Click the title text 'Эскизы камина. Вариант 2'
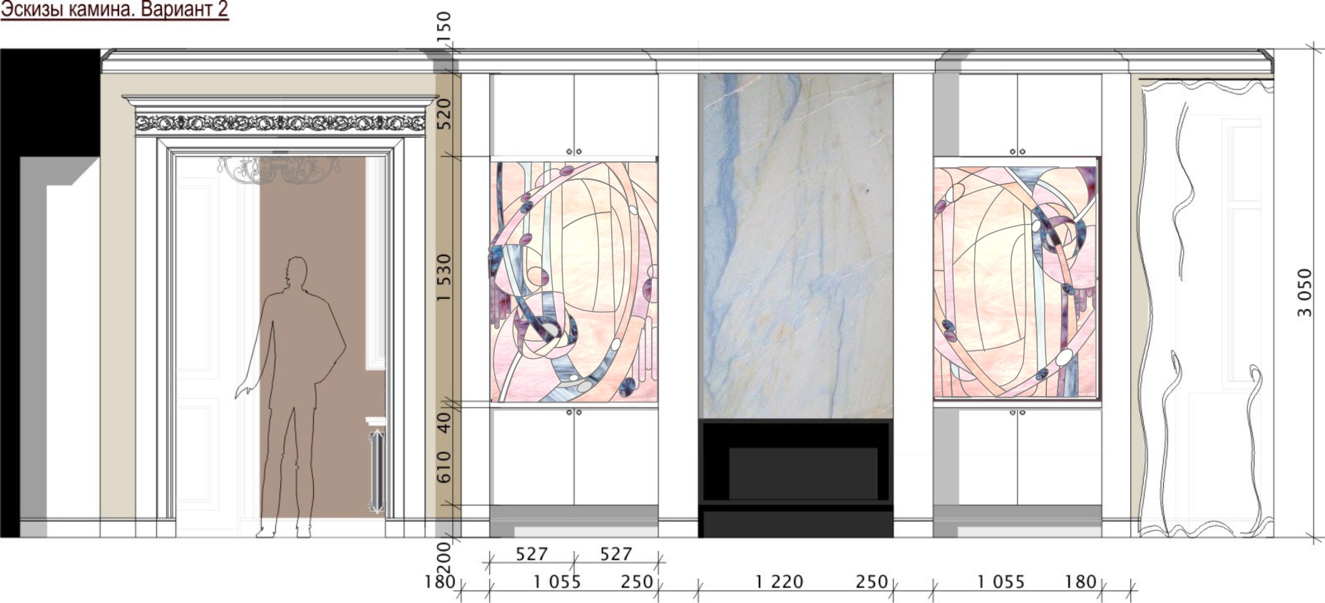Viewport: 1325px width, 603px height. pyautogui.click(x=114, y=10)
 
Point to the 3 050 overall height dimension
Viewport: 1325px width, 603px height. pyautogui.click(x=1304, y=292)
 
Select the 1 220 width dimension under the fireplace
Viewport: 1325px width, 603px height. pyautogui.click(x=779, y=582)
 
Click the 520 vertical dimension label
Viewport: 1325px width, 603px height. pyautogui.click(x=444, y=113)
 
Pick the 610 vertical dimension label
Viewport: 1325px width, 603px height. pyautogui.click(x=444, y=467)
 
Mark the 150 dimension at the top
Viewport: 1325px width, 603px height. pyautogui.click(x=444, y=27)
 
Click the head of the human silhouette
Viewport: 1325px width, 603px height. pyautogui.click(x=296, y=271)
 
